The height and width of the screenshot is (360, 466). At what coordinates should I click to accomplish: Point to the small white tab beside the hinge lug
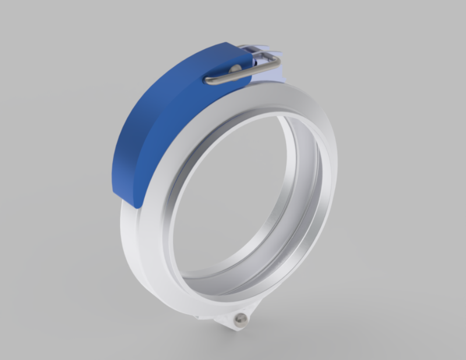pyautogui.click(x=201, y=318)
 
